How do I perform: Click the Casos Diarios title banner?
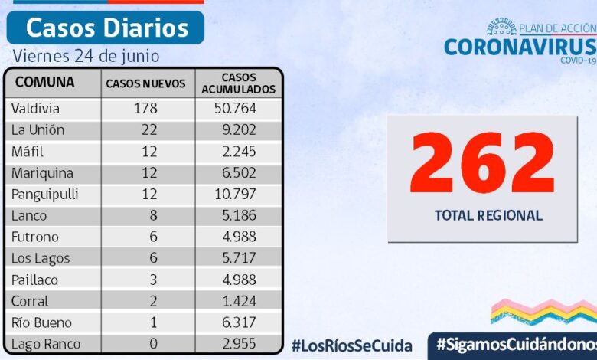click(106, 28)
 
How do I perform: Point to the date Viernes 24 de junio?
click(86, 57)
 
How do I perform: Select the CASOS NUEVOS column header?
click(145, 83)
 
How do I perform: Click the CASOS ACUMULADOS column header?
click(238, 83)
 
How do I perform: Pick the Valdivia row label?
click(36, 109)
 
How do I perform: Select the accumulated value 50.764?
click(236, 109)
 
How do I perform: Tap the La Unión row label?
click(38, 130)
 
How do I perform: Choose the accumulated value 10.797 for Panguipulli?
click(236, 195)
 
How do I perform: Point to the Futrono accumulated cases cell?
click(236, 237)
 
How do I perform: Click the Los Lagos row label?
click(41, 259)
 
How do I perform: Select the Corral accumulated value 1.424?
click(236, 301)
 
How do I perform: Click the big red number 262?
click(483, 162)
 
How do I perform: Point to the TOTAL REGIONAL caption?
click(488, 216)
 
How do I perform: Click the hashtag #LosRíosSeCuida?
click(351, 345)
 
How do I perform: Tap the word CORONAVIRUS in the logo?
click(520, 47)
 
